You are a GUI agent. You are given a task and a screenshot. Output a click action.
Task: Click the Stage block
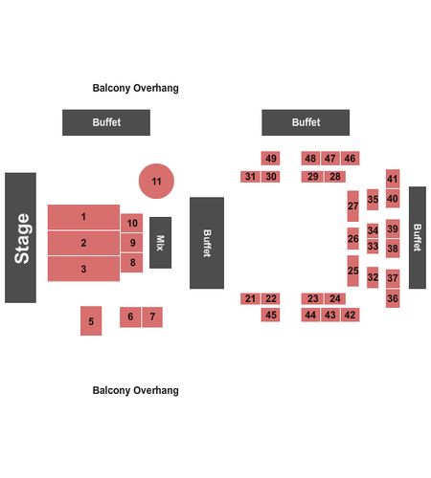coord(20,238)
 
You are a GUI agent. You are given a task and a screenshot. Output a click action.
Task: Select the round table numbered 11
coord(156,181)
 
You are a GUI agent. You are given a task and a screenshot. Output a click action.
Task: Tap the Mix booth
coord(160,243)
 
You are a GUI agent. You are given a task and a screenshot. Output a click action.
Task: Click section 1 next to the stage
coord(83,217)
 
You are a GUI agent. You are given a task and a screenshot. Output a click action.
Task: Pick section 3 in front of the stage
coord(83,269)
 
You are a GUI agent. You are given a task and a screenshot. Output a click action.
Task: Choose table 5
coord(91,321)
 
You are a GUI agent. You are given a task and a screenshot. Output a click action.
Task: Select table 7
coord(152,317)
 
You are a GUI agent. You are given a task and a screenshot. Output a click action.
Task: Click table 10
coord(132,223)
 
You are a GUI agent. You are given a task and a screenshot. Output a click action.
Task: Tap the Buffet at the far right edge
coord(418,238)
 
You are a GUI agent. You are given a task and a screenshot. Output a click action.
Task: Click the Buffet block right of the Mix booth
coord(207,243)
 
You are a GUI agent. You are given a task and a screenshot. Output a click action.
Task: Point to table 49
coord(270,159)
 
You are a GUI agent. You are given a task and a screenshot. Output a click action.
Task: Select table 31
coord(250,177)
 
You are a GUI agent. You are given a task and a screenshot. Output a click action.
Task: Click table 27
coord(352,206)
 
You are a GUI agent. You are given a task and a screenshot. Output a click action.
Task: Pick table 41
coord(393,179)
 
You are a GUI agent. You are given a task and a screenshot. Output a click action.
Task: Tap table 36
coord(393,298)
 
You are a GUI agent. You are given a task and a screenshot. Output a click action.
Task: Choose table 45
coord(270,315)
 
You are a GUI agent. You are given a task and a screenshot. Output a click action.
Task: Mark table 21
coord(250,298)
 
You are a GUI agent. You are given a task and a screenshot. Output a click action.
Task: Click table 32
coord(373,277)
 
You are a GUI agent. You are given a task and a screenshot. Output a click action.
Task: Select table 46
coord(350,159)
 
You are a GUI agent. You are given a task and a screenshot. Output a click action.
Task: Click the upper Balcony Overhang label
coord(135,88)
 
